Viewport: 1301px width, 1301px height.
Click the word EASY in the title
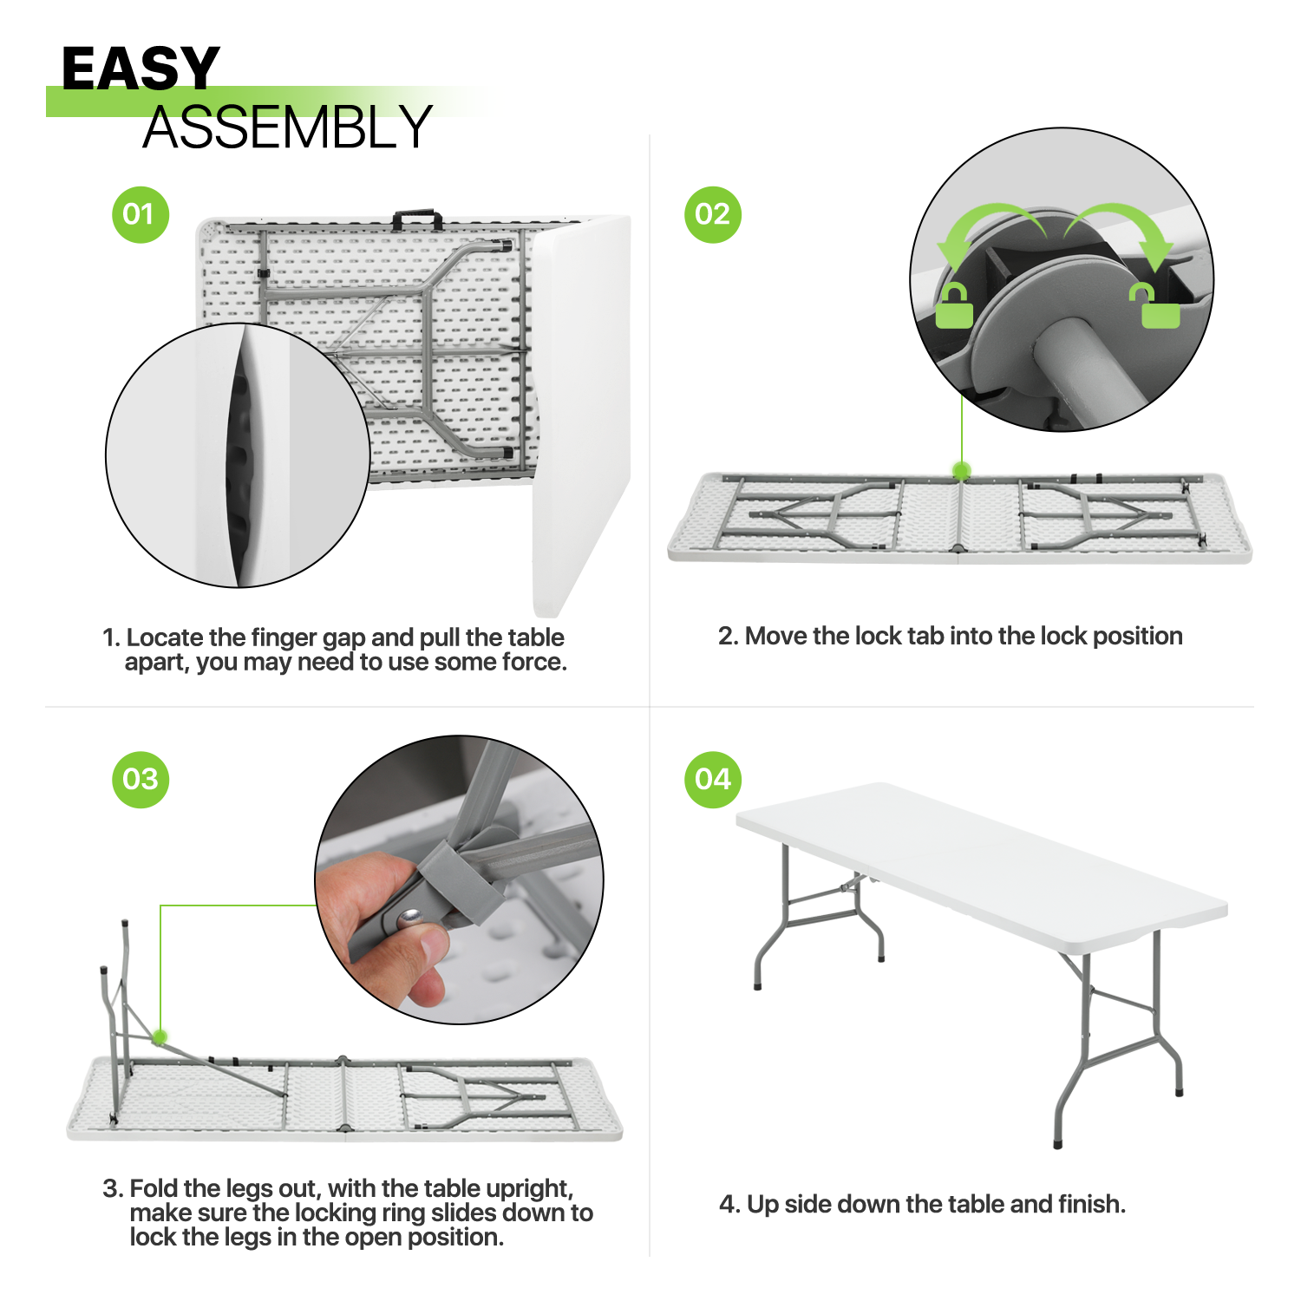[141, 69]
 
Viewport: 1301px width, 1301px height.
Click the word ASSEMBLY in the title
[287, 127]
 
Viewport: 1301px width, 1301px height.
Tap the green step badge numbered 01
[141, 214]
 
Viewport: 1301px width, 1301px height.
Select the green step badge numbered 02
[713, 214]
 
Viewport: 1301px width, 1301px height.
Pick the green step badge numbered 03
[141, 780]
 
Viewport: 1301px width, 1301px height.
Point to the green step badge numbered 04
[713, 780]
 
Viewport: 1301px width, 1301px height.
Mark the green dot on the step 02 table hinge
[961, 471]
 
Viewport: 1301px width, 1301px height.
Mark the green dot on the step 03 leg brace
[160, 1036]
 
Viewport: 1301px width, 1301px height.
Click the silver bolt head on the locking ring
[409, 913]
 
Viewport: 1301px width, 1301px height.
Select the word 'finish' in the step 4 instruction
[1089, 1204]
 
